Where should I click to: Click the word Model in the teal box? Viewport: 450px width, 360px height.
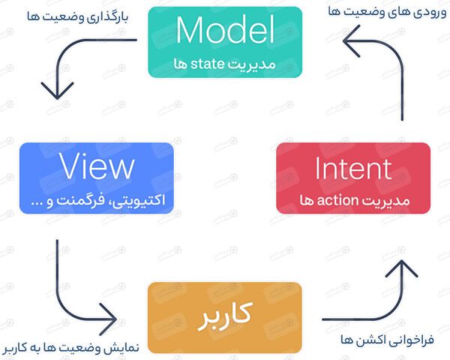coord(224,31)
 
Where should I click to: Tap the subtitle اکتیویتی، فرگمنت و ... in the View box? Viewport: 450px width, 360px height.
coord(98,200)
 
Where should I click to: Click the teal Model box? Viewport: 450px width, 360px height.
coord(224,43)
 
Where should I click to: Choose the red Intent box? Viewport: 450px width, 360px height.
coord(353,180)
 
